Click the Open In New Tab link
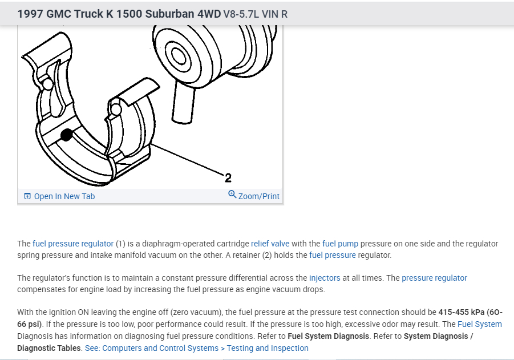click(x=64, y=196)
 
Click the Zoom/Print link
click(x=258, y=196)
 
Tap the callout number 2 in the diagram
click(x=228, y=177)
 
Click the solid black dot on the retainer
click(x=67, y=135)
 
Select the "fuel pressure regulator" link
click(x=73, y=244)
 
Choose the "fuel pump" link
click(x=340, y=244)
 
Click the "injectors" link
click(x=325, y=278)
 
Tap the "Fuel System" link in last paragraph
click(x=479, y=324)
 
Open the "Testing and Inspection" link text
click(x=268, y=348)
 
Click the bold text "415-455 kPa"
click(x=461, y=312)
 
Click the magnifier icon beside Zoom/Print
click(x=232, y=195)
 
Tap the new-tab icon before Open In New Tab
click(x=27, y=196)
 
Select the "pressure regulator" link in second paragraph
click(x=434, y=278)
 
